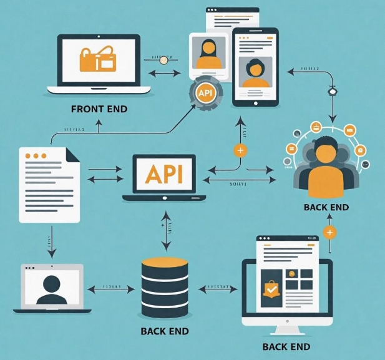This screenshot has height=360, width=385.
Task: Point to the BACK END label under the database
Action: pyautogui.click(x=165, y=331)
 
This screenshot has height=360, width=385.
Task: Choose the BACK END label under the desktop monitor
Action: pyautogui.click(x=286, y=347)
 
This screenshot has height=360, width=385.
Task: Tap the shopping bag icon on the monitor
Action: pyautogui.click(x=271, y=289)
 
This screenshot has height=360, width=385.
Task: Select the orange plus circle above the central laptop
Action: pyautogui.click(x=240, y=150)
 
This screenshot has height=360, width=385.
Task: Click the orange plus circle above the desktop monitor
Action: pyautogui.click(x=330, y=232)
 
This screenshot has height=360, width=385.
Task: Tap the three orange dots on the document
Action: pyautogui.click(x=40, y=155)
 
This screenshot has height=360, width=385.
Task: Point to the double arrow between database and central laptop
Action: pyautogui.click(x=165, y=229)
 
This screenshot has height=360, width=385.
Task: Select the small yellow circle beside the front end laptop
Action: pyautogui.click(x=165, y=60)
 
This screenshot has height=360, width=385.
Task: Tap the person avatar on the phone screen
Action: pyautogui.click(x=255, y=72)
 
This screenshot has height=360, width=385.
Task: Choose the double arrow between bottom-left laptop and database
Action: pyautogui.click(x=112, y=289)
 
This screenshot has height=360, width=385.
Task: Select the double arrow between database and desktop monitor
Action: pyautogui.click(x=218, y=289)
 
